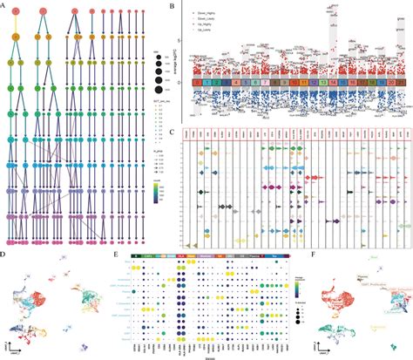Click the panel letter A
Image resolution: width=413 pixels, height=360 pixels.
(4, 5)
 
